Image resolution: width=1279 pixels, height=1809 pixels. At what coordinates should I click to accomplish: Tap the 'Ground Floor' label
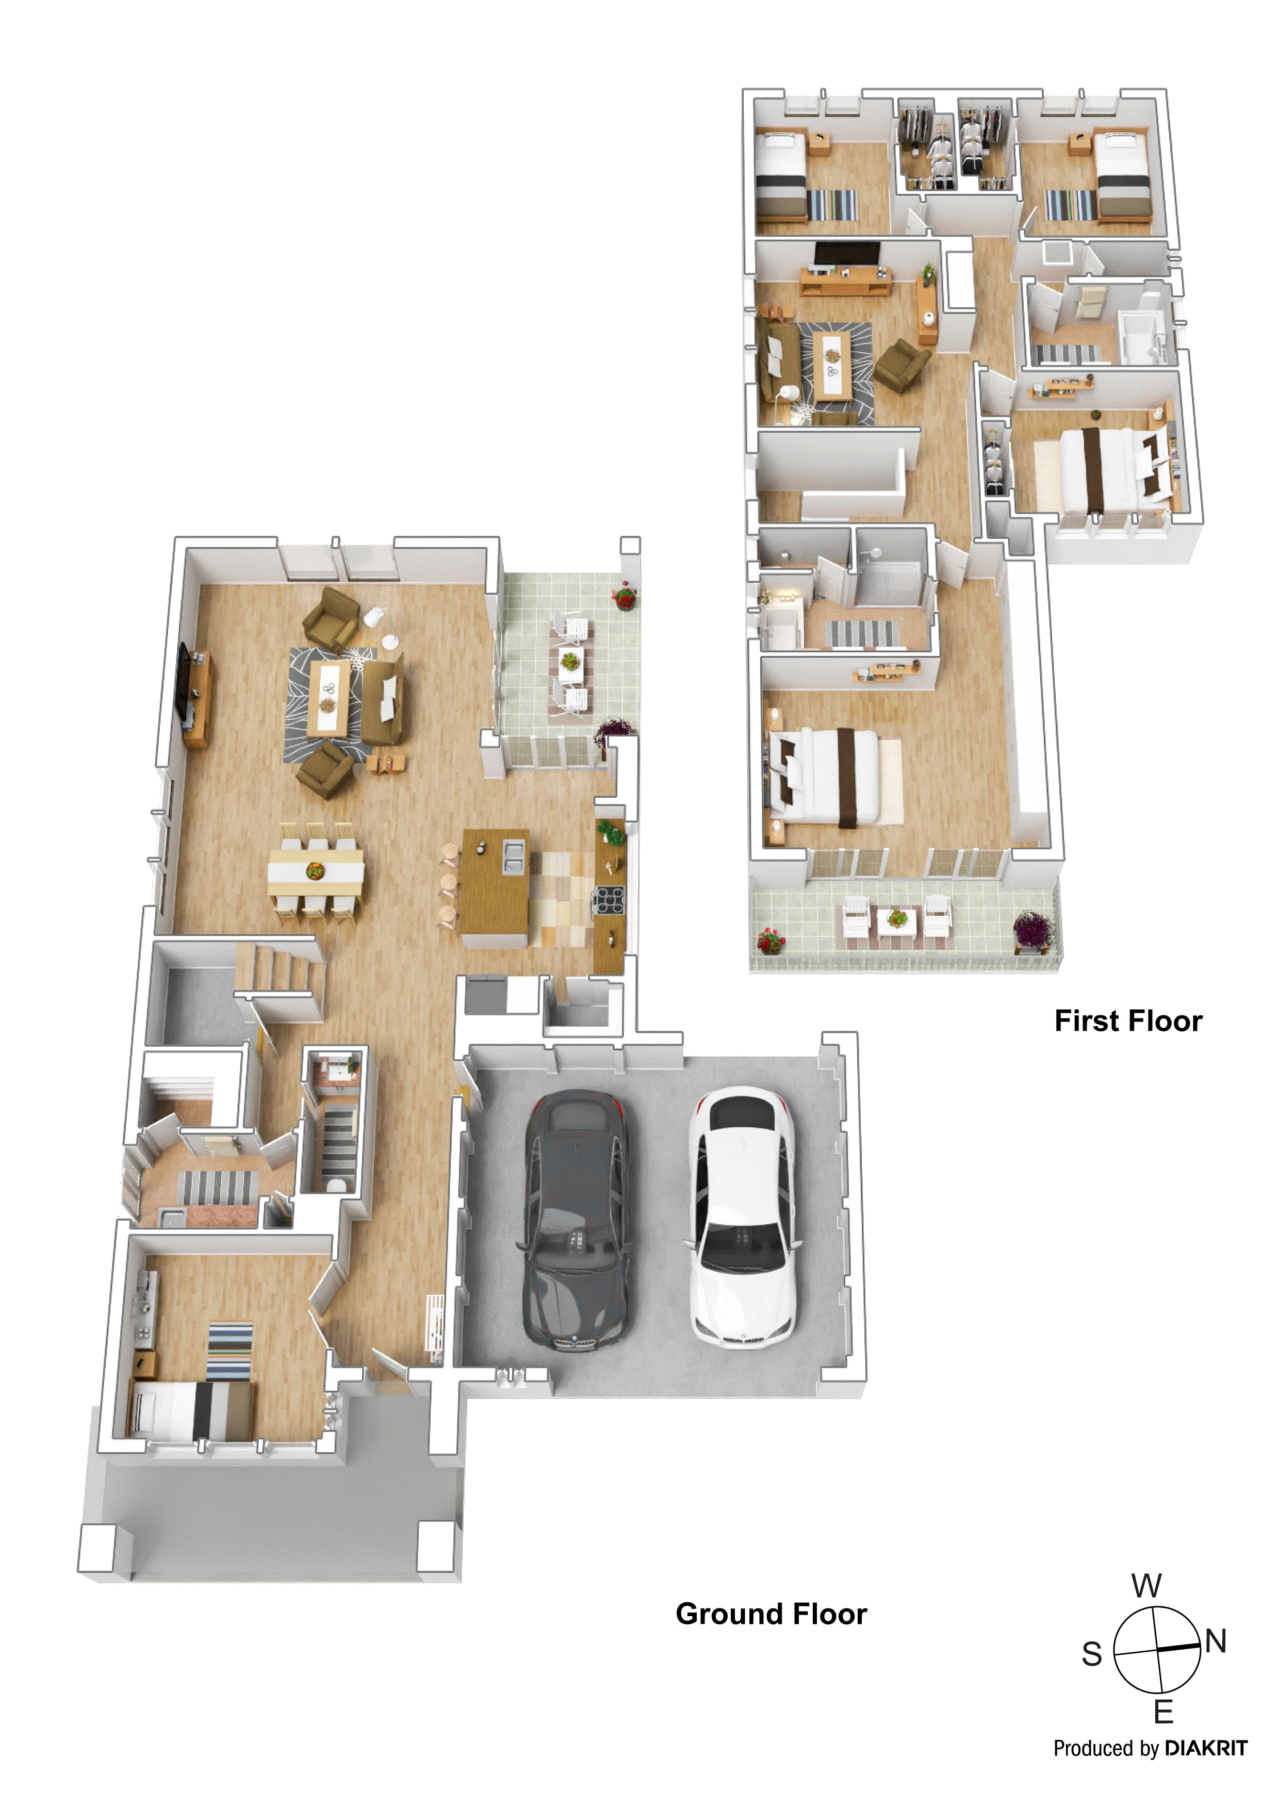770,1614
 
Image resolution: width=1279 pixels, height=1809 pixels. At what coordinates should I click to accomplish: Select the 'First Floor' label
1128,1021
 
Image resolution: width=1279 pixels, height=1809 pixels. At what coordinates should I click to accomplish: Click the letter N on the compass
1216,1641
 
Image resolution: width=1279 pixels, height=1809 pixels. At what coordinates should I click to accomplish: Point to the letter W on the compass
1146,1585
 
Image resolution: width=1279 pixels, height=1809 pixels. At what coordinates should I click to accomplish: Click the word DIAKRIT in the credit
1206,1748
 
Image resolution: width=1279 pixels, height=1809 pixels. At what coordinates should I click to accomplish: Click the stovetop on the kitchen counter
609,899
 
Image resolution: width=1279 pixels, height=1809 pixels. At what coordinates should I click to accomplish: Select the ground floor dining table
315,872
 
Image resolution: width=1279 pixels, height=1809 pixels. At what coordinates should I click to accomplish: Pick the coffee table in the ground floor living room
329,697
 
